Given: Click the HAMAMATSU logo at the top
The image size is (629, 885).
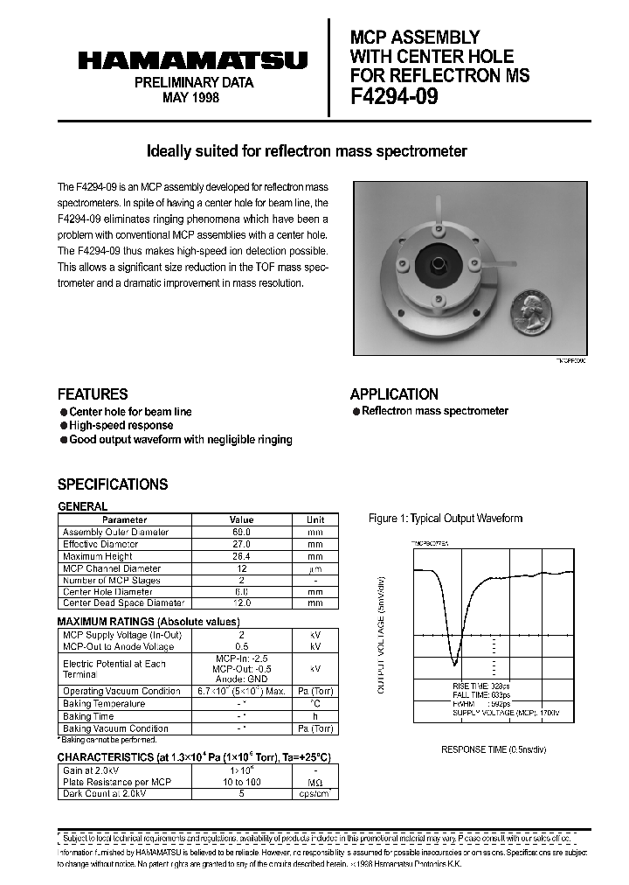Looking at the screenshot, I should click(193, 60).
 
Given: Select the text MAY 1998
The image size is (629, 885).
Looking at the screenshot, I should click(192, 98).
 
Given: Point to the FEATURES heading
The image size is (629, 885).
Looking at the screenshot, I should click(93, 394).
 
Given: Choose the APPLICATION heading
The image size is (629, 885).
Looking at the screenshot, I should click(394, 394).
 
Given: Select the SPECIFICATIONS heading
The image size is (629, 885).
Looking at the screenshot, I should click(113, 484).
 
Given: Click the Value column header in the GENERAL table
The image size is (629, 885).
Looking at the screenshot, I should click(241, 519).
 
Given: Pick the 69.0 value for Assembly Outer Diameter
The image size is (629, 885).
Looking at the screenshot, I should click(241, 532).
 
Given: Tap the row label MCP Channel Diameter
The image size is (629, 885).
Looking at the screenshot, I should click(112, 568).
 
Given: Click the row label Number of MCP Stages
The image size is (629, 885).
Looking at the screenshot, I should click(112, 580).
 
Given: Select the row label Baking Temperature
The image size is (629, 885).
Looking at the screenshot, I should click(104, 704).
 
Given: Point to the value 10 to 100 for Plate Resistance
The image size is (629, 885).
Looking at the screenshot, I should click(241, 782).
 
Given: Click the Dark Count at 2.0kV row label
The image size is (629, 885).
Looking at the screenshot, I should click(105, 794).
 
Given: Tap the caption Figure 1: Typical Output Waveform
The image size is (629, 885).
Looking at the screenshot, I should click(446, 519).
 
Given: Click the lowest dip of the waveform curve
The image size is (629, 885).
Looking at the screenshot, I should click(454, 662).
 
